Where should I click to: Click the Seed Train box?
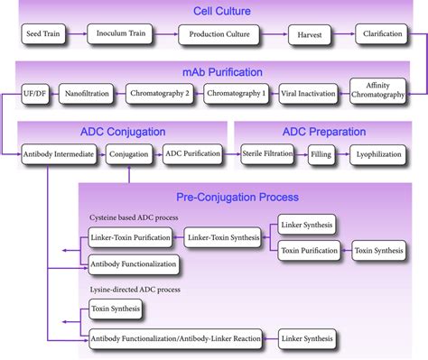tap(46, 35)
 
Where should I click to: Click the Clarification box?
tap(382, 35)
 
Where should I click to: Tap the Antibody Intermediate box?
tap(59, 154)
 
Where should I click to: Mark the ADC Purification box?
tap(193, 154)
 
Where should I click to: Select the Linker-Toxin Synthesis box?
tap(222, 239)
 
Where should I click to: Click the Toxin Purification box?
tap(309, 250)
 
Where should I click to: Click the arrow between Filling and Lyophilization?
tap(342, 154)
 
